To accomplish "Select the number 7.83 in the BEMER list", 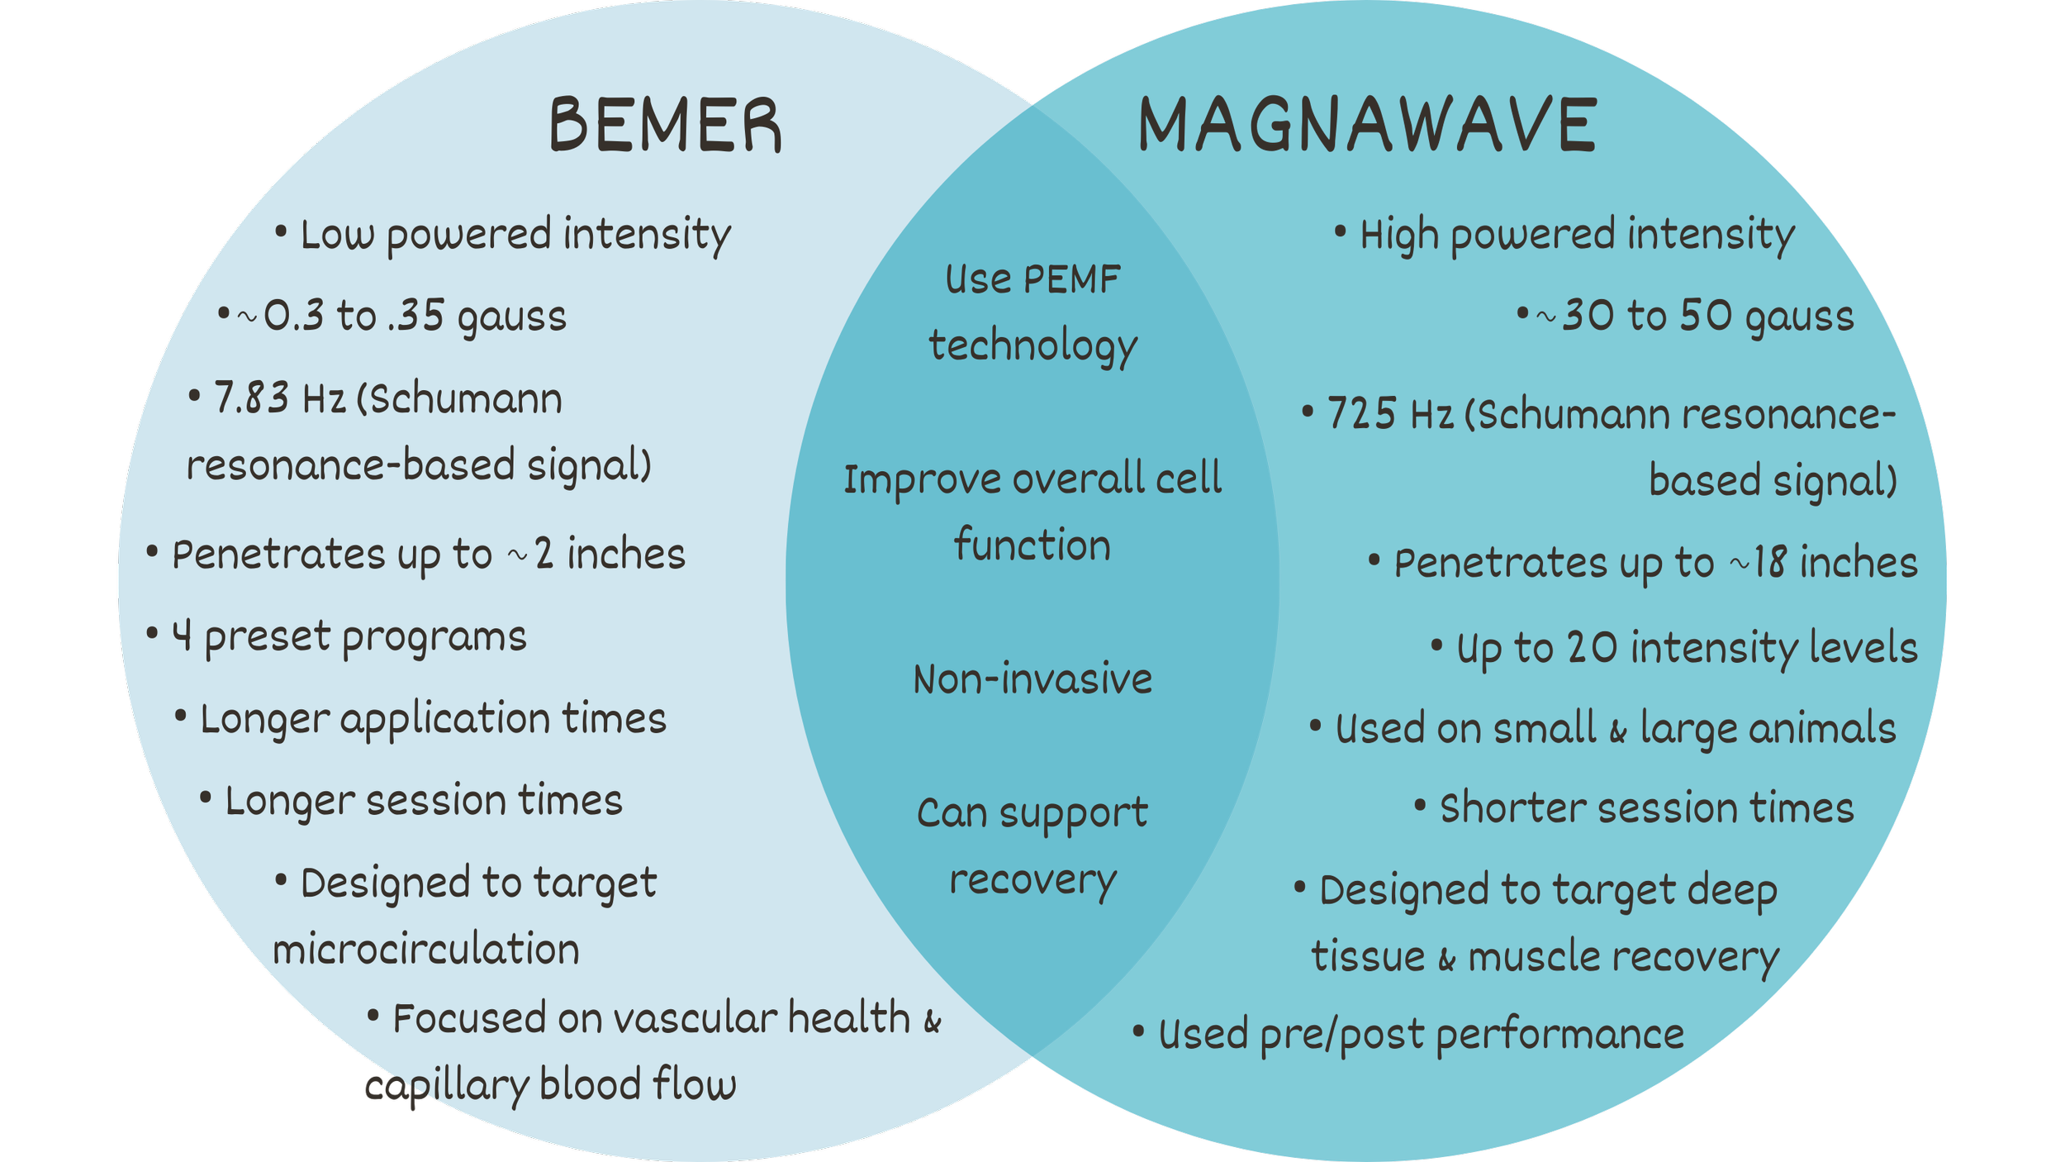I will tap(251, 398).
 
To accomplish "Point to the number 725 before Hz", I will tap(1363, 413).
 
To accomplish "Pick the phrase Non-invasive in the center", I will tap(1032, 679).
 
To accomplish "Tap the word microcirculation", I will tap(426, 949).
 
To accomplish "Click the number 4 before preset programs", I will tap(183, 636).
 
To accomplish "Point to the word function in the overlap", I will tap(1032, 545).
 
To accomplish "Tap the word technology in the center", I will tap(1032, 345).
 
